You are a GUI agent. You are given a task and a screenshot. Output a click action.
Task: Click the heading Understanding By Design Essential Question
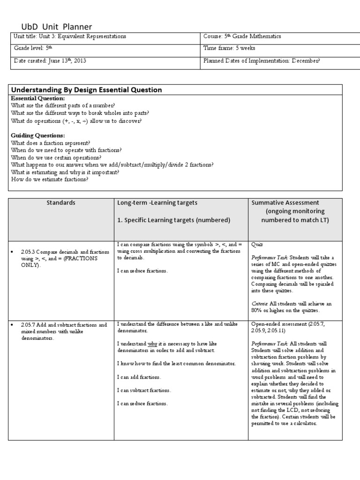pos(86,90)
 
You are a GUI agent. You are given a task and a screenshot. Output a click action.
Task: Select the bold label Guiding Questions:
pos(38,135)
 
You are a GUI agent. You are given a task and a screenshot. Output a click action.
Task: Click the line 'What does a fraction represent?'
pos(51,143)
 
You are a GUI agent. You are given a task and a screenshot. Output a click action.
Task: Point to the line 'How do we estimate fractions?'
pos(49,180)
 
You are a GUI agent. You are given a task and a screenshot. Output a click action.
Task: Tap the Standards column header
pos(61,203)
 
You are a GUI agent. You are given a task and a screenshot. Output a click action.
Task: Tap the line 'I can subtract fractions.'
pos(144,390)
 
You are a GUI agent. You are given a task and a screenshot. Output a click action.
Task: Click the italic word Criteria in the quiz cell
pos(260,303)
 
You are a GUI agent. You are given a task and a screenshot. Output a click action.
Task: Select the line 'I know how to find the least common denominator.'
pos(176,364)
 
